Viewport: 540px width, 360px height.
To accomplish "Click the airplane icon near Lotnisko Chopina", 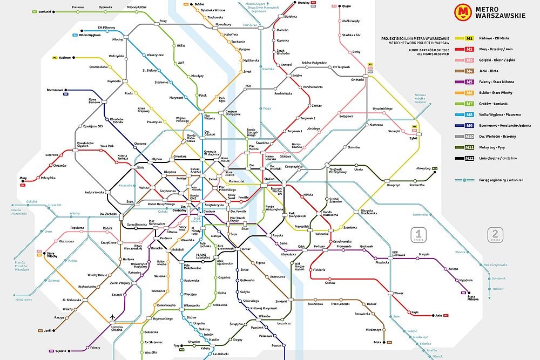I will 112,316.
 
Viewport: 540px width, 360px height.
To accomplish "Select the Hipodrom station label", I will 466,280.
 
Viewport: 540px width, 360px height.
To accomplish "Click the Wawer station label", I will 399,293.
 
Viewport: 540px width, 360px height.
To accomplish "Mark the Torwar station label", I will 246,249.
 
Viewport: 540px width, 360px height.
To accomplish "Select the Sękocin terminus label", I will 60,351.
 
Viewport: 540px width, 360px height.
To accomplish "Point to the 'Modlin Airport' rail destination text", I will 257,4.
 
